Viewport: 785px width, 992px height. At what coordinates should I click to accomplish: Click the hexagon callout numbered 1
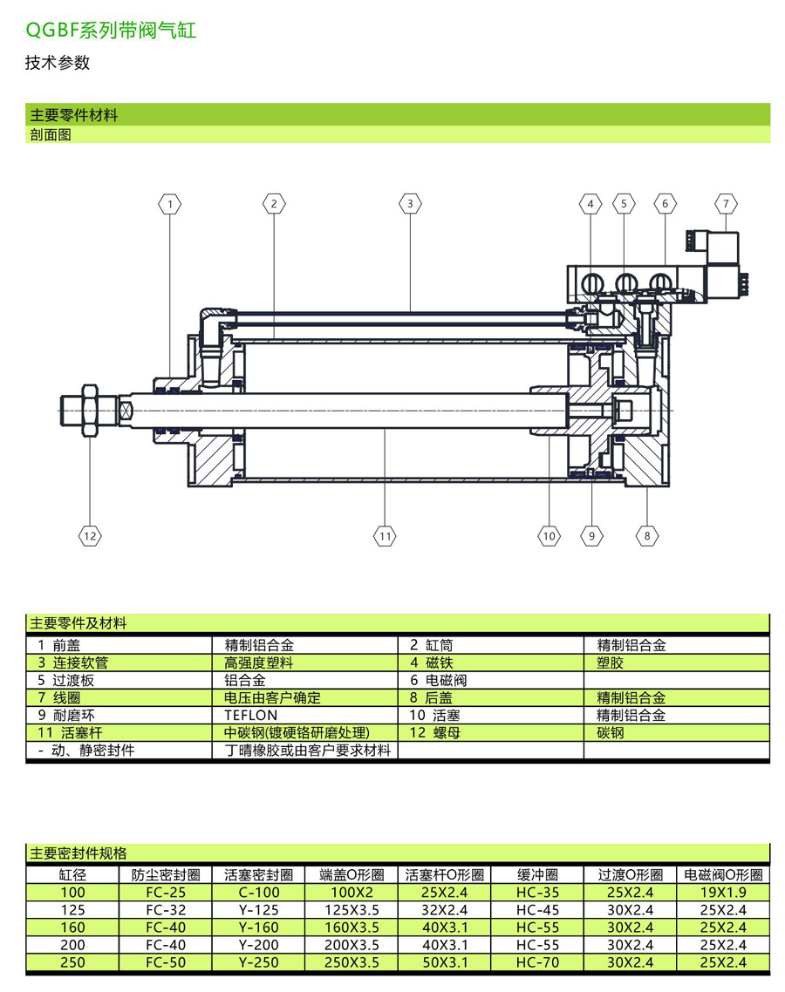[170, 204]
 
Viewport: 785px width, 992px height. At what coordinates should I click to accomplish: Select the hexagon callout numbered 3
[410, 204]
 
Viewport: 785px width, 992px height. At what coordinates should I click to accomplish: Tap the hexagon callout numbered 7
[726, 204]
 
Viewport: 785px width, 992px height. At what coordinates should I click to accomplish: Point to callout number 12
[90, 536]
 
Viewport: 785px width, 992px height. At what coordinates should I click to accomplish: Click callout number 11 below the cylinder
[386, 536]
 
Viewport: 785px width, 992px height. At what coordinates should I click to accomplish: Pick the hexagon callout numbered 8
[647, 536]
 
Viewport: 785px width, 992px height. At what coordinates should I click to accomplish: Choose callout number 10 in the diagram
[549, 536]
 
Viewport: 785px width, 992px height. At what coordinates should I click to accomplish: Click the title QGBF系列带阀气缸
[111, 31]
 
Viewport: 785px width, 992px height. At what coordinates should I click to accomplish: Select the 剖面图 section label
[50, 135]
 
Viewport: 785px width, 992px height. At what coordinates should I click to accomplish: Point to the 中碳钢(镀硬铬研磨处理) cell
[297, 733]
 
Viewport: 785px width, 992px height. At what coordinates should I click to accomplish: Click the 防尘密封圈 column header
[166, 875]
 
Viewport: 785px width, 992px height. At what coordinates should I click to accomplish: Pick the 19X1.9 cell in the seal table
[723, 893]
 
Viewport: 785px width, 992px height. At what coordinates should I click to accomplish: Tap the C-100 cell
[258, 893]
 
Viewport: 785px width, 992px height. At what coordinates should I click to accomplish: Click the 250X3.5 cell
[352, 962]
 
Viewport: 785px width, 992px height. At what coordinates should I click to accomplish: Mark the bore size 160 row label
[73, 927]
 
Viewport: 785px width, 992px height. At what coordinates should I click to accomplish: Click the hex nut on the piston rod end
[89, 407]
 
